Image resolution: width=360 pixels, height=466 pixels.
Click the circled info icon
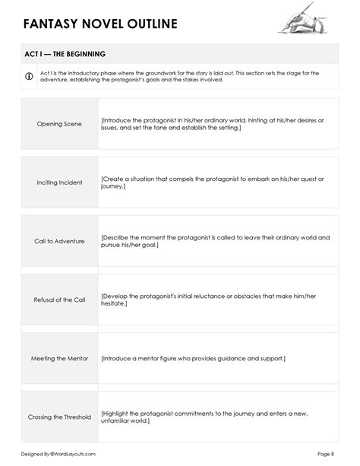pyautogui.click(x=29, y=76)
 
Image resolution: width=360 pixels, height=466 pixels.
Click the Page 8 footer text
pyautogui.click(x=326, y=454)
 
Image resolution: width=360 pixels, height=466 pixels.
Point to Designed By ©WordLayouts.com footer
pyautogui.click(x=58, y=454)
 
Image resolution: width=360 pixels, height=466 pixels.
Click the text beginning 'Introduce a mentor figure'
pyautogui.click(x=193, y=358)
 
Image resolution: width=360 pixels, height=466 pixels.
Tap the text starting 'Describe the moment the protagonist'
pyautogui.click(x=215, y=241)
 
